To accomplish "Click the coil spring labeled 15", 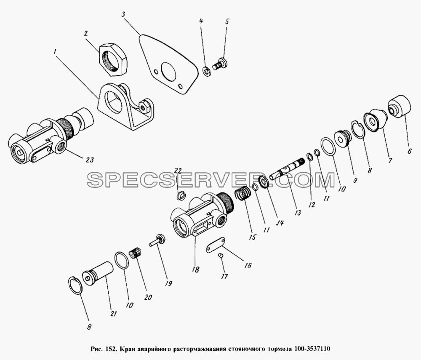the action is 243,193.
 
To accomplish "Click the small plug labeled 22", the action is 181,195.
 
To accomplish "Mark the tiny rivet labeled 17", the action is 221,256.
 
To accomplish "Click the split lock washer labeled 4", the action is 206,72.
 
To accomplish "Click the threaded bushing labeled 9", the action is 341,139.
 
